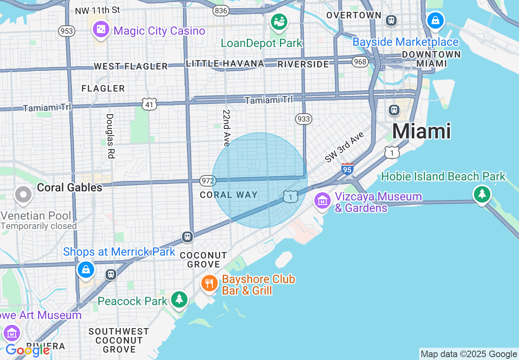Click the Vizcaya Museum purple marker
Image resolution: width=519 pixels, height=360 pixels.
pyautogui.click(x=323, y=201)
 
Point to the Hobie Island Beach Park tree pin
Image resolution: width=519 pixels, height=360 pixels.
pyautogui.click(x=482, y=194)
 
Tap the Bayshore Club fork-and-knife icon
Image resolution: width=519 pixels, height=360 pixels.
pyautogui.click(x=210, y=283)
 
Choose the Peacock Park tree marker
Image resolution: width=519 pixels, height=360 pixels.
pyautogui.click(x=179, y=299)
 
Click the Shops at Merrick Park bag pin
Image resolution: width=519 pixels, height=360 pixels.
pyautogui.click(x=86, y=270)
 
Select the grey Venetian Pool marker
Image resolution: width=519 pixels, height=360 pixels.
pyautogui.click(x=23, y=195)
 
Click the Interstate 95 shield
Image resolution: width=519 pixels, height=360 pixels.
pyautogui.click(x=347, y=169)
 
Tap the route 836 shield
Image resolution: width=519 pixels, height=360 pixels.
pyautogui.click(x=221, y=11)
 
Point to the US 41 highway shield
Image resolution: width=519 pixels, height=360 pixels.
pyautogui.click(x=149, y=104)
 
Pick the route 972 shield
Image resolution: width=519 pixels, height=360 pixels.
pyautogui.click(x=207, y=180)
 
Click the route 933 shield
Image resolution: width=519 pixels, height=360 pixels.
pyautogui.click(x=303, y=119)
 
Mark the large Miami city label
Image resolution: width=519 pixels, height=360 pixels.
pyautogui.click(x=422, y=131)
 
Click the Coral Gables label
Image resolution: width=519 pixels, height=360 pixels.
pyautogui.click(x=70, y=187)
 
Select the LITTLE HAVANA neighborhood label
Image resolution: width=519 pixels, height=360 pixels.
pyautogui.click(x=225, y=63)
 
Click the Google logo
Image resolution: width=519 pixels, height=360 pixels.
pyautogui.click(x=27, y=350)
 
